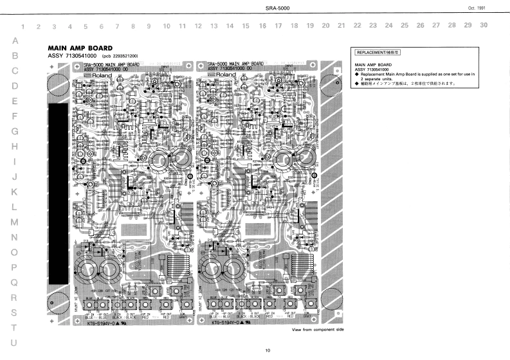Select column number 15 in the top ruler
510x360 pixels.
(246, 26)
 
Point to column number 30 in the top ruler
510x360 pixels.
(484, 25)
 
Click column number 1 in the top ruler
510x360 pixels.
(24, 27)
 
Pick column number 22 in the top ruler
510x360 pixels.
(357, 26)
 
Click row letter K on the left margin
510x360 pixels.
(14, 192)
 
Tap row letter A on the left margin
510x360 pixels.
(14, 40)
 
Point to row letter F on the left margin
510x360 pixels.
(14, 116)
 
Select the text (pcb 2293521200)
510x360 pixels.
(120, 57)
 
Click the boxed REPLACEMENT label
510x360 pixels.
(379, 51)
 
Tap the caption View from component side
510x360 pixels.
(318, 329)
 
